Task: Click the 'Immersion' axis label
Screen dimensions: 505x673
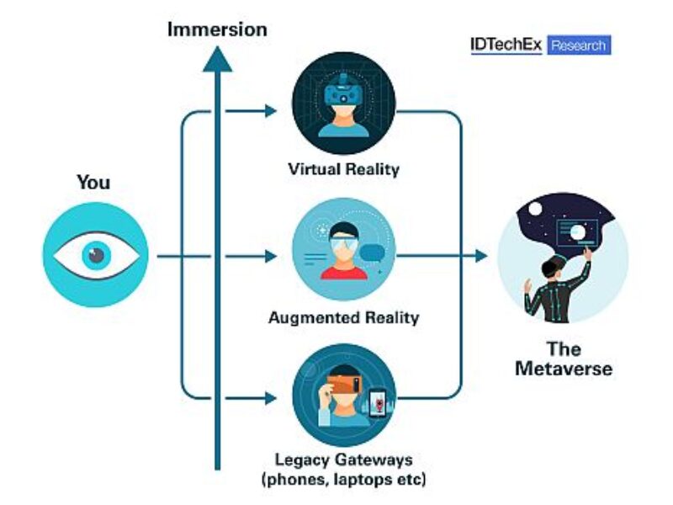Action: [217, 29]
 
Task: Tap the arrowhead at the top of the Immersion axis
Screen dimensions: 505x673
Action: [218, 58]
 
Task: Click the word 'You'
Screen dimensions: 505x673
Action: [93, 182]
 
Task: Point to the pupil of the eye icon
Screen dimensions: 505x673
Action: [95, 255]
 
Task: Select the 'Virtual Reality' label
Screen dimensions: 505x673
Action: [343, 169]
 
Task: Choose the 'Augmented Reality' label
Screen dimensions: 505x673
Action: [343, 318]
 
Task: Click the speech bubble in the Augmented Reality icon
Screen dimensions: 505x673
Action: [372, 251]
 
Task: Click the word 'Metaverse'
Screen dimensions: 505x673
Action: [563, 369]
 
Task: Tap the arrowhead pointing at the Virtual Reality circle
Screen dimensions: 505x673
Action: [270, 109]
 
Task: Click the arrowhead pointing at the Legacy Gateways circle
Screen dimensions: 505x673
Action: [270, 396]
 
